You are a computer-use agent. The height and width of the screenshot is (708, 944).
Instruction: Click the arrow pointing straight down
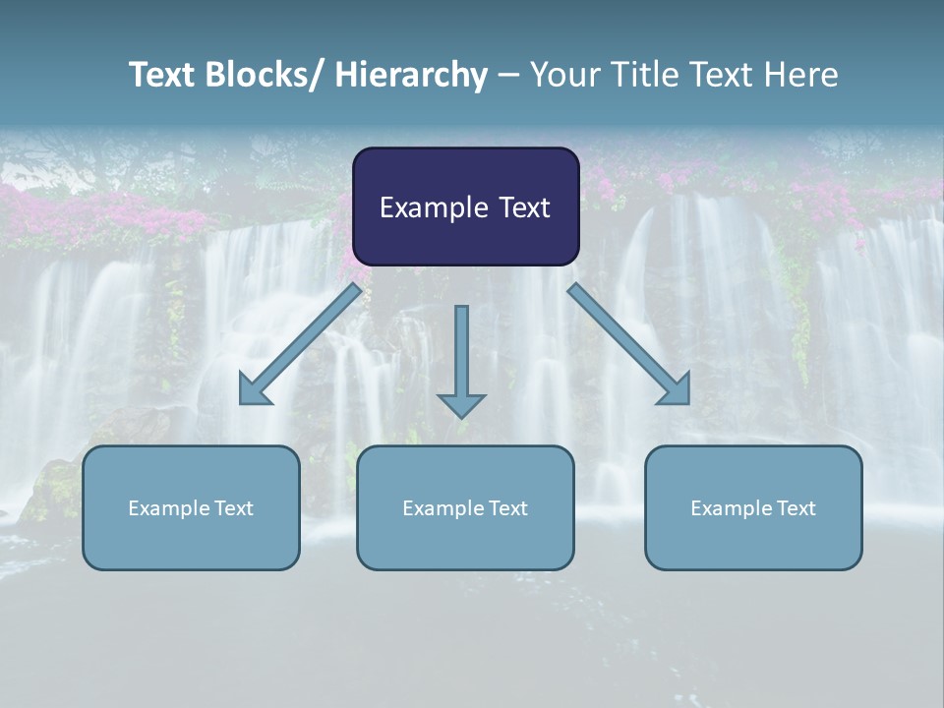(x=461, y=354)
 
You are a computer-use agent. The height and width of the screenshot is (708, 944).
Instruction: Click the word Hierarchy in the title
(x=410, y=75)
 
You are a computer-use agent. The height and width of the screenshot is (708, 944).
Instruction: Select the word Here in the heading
(x=801, y=75)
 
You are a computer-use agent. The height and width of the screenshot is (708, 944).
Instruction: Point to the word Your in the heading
(x=562, y=75)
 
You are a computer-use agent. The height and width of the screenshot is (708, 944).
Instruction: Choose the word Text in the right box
(x=796, y=508)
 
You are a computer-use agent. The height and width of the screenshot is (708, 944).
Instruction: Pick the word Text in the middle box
(x=507, y=508)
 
